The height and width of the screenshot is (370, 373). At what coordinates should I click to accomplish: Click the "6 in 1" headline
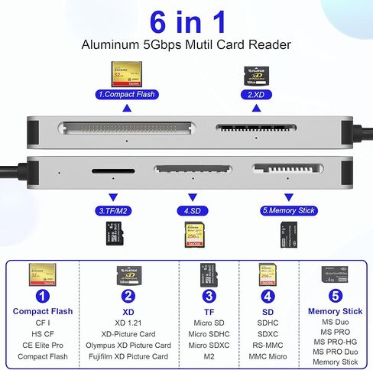(x=186, y=20)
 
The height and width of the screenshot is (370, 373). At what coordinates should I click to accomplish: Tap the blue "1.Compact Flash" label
(x=126, y=96)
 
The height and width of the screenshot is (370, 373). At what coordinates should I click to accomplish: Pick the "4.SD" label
(x=192, y=209)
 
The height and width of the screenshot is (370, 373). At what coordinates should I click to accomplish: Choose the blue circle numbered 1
(x=42, y=296)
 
